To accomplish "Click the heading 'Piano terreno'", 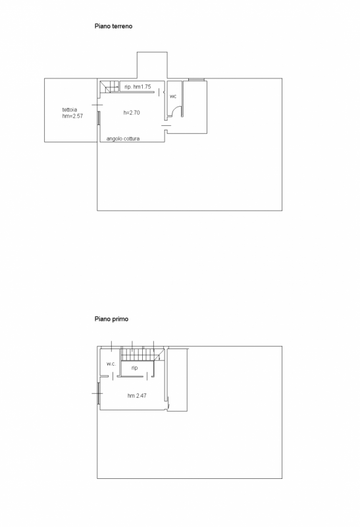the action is [x=113, y=26].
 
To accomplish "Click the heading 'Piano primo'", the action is [x=111, y=319].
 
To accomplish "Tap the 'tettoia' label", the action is [x=70, y=109].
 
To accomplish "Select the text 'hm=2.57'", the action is [x=72, y=116].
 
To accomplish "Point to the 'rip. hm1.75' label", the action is [x=138, y=87].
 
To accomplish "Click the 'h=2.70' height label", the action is [x=132, y=113].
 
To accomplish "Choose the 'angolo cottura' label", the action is [x=123, y=138].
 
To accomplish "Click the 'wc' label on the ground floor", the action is [x=173, y=96].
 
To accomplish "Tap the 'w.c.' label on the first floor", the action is [x=111, y=364].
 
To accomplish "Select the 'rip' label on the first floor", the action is [x=134, y=368].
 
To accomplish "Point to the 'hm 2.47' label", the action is [x=137, y=396].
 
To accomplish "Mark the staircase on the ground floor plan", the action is [x=110, y=86].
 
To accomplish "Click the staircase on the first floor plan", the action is [x=143, y=354].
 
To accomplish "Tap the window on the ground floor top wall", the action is [x=197, y=80].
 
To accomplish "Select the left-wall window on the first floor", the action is [x=99, y=393].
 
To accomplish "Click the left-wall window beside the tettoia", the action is [x=99, y=118].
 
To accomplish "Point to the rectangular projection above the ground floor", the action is [x=152, y=65].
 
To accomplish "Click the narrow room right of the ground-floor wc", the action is [x=195, y=107].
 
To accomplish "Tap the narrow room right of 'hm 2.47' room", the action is [x=177, y=380].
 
